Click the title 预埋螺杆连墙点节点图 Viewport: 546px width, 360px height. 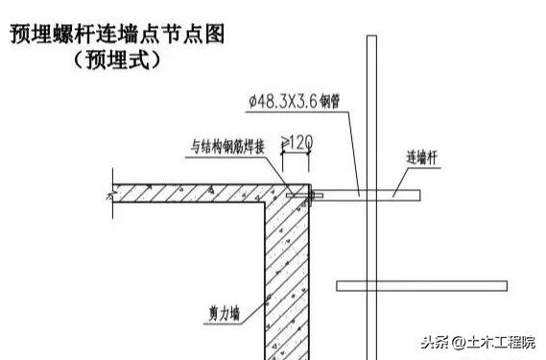pos(117,34)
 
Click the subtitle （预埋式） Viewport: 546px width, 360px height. pos(117,60)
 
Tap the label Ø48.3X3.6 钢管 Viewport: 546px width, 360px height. pos(295,102)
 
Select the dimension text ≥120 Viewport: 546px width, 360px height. pos(297,142)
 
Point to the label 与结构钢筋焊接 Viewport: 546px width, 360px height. pos(227,147)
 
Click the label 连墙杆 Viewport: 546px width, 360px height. pos(421,157)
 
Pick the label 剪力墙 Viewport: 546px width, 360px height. pos(225,314)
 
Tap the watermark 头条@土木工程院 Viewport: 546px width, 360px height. pos(478,342)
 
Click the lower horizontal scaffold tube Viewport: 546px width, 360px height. pos(421,286)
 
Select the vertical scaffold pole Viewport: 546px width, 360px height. pos(371,197)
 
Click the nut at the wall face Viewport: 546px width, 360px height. pos(311,195)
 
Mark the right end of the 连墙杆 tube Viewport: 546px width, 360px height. pos(420,196)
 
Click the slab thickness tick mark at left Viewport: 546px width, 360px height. pos(112,193)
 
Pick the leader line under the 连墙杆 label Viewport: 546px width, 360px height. pos(400,182)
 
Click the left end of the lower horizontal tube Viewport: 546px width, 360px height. pos(337,286)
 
